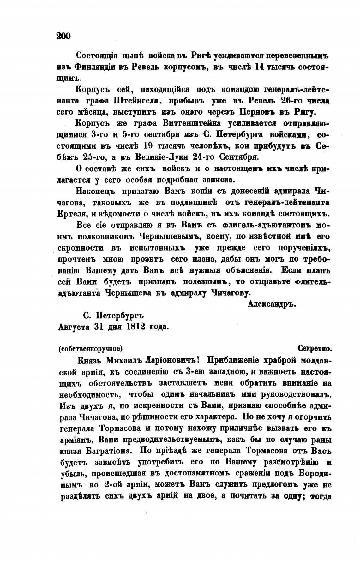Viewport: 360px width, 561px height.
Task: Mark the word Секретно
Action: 314,349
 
